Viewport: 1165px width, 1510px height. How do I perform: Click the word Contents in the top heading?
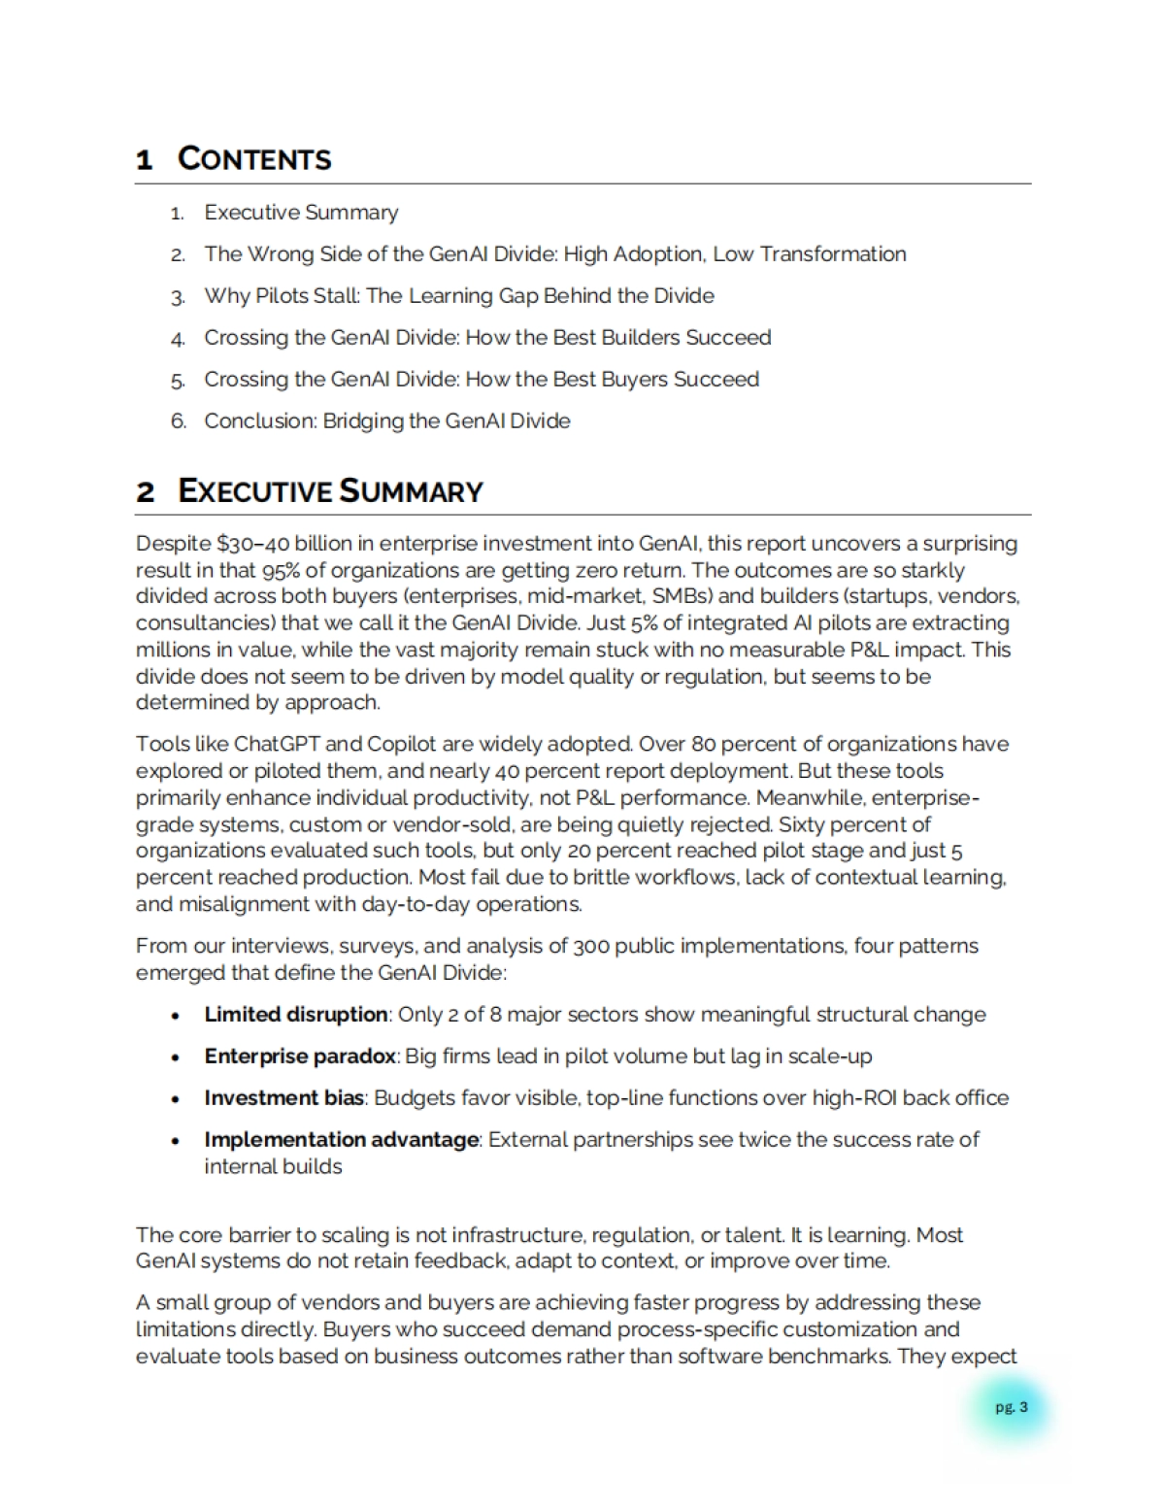(254, 158)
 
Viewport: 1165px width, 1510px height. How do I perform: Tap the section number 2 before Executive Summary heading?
(146, 491)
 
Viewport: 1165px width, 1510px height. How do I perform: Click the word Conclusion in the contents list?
(258, 421)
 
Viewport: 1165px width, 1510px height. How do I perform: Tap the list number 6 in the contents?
(178, 421)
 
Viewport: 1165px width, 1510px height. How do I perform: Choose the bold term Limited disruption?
(296, 1015)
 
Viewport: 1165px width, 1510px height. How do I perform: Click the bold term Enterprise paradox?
(300, 1057)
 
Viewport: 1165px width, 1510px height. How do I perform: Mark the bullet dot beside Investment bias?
(175, 1099)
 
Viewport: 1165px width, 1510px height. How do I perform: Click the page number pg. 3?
(1011, 1407)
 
